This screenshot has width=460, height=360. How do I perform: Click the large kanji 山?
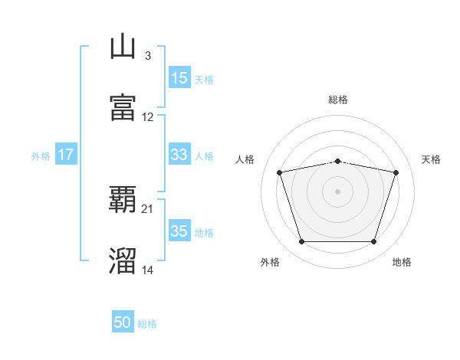click(123, 46)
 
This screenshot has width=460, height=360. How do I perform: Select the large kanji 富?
click(123, 107)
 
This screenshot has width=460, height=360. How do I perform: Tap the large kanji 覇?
click(123, 199)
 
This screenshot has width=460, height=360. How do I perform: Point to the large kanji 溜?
click(123, 261)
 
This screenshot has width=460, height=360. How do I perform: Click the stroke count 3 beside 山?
click(148, 56)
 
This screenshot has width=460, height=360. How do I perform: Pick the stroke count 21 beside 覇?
click(147, 209)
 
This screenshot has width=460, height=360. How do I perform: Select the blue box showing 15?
click(179, 77)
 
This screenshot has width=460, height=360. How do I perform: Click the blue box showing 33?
click(179, 154)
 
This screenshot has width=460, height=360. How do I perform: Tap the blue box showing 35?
click(179, 230)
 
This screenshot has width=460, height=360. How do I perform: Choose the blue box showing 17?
click(66, 154)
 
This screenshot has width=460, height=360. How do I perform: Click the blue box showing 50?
click(123, 321)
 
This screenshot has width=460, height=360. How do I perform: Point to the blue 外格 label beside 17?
click(41, 156)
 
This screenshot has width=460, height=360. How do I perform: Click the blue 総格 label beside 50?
click(147, 324)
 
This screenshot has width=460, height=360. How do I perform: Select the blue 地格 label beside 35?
click(204, 233)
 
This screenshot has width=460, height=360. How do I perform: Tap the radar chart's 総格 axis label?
click(338, 100)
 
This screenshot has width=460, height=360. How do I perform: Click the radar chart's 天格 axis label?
click(431, 159)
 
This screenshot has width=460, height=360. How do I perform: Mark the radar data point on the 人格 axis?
click(280, 172)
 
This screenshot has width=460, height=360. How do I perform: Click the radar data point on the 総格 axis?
click(338, 162)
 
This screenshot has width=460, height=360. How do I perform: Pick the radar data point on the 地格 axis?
click(374, 242)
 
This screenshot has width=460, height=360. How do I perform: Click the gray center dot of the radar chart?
click(337, 191)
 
